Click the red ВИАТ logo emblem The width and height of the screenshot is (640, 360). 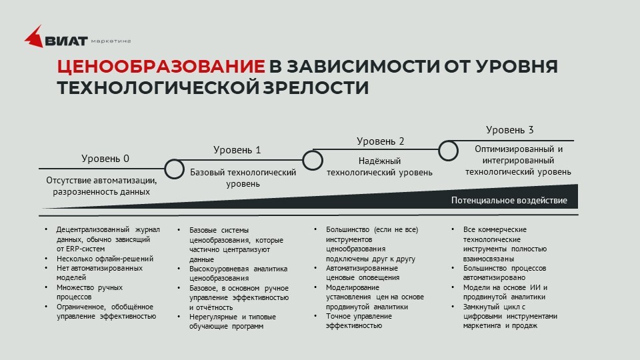point(34,37)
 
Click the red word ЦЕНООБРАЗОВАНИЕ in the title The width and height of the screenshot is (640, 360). point(161,67)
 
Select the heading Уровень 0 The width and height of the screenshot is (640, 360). point(105,159)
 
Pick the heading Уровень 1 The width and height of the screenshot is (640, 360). point(237,150)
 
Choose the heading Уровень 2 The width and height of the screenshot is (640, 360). point(380,141)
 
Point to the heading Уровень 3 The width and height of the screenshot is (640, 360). point(509,130)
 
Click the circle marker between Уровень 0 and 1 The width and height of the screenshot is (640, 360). point(174,169)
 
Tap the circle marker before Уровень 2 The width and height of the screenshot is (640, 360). point(312,160)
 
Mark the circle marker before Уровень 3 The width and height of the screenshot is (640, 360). point(449,149)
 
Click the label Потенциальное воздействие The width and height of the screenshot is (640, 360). point(509,200)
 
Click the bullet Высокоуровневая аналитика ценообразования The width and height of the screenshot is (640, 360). point(238,273)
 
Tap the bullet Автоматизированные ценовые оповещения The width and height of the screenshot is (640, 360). point(362,273)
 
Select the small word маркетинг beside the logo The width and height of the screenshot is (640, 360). point(111,41)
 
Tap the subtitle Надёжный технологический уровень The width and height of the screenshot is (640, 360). point(379,167)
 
